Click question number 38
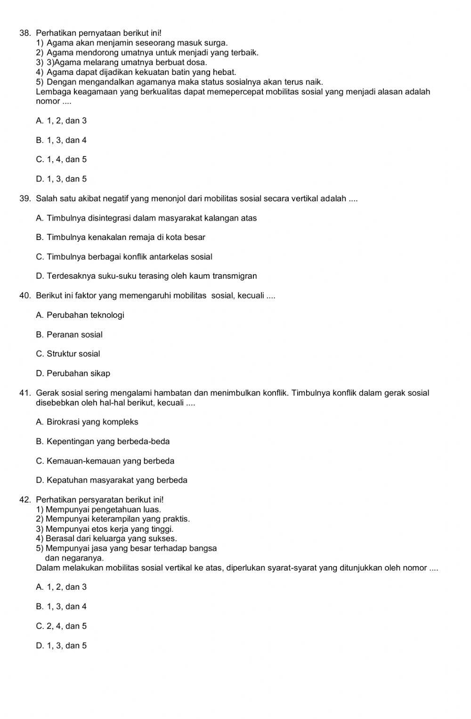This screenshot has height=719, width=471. [x=25, y=33]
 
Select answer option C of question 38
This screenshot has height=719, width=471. [x=61, y=159]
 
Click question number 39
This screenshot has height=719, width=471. [x=25, y=198]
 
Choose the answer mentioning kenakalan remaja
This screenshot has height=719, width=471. [x=121, y=237]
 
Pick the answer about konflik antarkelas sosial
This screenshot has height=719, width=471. [x=124, y=257]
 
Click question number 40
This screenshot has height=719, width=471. [x=25, y=296]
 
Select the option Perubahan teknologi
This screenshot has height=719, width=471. [x=80, y=315]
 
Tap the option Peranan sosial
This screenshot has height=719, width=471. [x=69, y=335]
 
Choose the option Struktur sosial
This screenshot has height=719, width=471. [x=68, y=354]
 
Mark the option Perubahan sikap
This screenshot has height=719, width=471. [x=73, y=373]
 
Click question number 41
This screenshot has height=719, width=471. [x=25, y=393]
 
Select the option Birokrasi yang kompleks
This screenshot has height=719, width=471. [x=87, y=422]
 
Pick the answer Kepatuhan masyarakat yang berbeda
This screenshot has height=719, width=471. [x=112, y=480]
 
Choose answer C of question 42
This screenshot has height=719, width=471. [x=61, y=626]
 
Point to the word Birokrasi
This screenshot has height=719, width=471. [x=63, y=422]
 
